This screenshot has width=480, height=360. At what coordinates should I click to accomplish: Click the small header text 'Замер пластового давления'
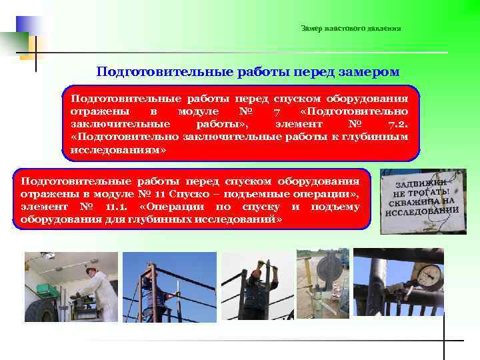tap(351, 28)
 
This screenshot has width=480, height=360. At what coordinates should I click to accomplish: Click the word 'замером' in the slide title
tap(365, 71)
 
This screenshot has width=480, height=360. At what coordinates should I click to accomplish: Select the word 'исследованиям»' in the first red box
tap(118, 151)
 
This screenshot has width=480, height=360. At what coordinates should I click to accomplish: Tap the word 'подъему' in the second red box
tap(336, 207)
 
